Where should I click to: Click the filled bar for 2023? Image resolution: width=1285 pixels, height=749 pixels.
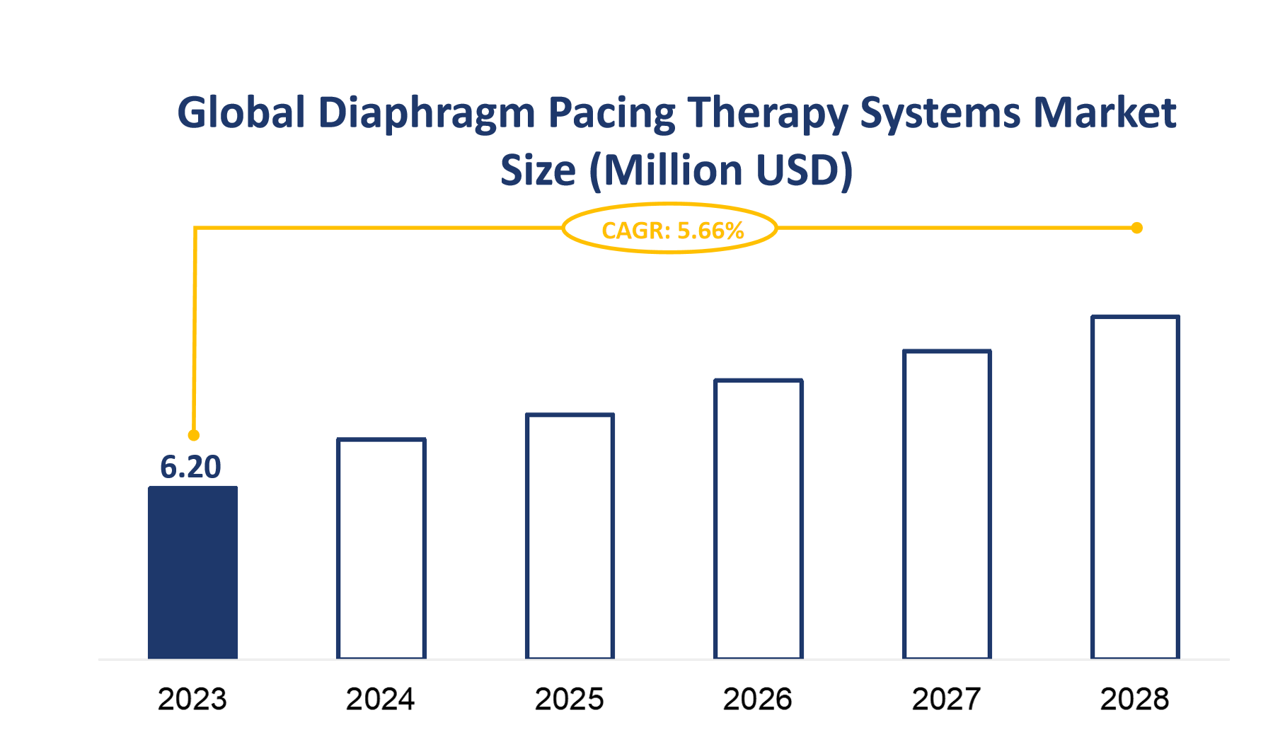click(192, 573)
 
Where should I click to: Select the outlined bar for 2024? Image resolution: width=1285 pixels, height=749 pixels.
click(381, 549)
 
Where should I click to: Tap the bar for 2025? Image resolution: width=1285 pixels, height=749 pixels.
click(570, 536)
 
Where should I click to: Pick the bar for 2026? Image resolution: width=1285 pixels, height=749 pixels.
click(759, 519)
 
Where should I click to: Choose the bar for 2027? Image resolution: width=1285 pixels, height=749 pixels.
click(947, 504)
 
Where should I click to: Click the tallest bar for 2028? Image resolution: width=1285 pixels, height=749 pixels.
click(1135, 487)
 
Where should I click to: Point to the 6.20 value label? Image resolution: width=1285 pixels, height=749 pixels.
click(190, 467)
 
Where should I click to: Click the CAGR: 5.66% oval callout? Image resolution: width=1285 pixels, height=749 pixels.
click(670, 229)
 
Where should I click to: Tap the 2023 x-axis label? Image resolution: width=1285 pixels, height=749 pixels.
click(192, 699)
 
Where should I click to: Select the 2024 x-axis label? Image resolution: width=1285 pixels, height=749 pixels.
click(381, 699)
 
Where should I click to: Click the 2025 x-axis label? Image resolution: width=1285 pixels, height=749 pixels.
click(570, 699)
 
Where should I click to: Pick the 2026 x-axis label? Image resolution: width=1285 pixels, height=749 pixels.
click(758, 699)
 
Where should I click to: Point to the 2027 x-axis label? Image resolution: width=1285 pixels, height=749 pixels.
click(947, 699)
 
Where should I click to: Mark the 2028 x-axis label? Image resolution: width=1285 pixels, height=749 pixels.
click(1135, 699)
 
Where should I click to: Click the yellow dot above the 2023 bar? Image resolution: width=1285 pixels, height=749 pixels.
click(194, 435)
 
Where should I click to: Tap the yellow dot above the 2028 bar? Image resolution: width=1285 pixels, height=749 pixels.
click(1136, 228)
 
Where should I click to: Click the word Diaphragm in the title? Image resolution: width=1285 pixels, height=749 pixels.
click(426, 113)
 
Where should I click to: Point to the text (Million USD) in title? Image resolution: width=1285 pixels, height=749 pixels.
click(721, 171)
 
